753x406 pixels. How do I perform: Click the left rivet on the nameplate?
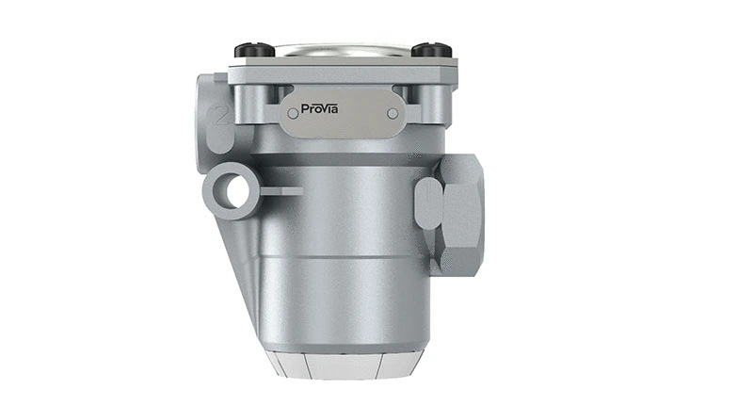[x=293, y=113]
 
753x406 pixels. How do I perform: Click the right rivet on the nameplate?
[x=393, y=113]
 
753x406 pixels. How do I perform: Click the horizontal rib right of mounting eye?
[x=280, y=191]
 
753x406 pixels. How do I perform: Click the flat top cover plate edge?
[x=341, y=63]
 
